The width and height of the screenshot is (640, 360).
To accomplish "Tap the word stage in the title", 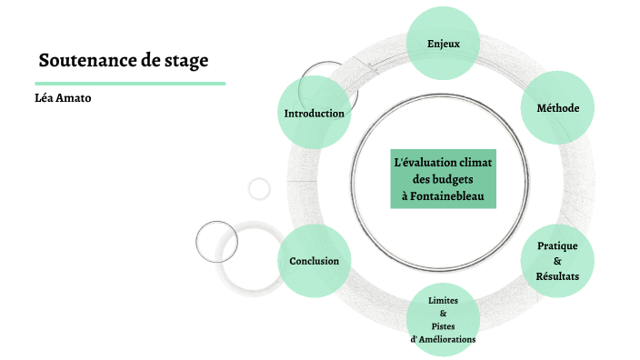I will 188,62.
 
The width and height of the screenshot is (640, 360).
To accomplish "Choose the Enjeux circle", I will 444,43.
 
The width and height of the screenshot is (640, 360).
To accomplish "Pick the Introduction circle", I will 314,114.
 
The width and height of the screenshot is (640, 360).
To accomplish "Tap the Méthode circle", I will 558,107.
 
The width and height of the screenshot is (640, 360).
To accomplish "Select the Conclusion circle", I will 314,261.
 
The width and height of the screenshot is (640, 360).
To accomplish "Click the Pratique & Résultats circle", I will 557,261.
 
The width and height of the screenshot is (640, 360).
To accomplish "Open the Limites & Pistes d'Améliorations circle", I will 443,319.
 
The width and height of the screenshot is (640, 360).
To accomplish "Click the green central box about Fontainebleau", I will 443,178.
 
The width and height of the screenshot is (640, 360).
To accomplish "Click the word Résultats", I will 557,276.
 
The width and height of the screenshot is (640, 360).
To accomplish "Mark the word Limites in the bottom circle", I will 443,299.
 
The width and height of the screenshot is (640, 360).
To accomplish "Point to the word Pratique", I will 557,246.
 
